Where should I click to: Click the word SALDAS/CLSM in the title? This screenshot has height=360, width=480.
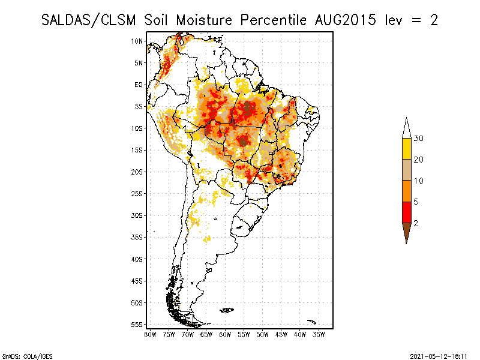[x=90, y=20]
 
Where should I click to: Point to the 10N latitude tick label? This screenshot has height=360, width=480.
[x=137, y=41]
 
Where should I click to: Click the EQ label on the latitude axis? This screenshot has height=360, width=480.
[x=139, y=85]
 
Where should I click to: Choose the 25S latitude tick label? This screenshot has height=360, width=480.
[x=137, y=194]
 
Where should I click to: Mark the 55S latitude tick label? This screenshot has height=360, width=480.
[x=137, y=325]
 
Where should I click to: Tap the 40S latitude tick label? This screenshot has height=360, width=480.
[x=137, y=259]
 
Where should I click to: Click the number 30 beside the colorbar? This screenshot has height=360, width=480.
[x=419, y=139]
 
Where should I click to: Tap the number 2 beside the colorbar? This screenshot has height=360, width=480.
[x=416, y=223]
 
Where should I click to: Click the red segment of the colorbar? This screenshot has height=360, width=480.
[x=406, y=212]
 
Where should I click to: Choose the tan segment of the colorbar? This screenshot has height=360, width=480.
[x=406, y=170]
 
